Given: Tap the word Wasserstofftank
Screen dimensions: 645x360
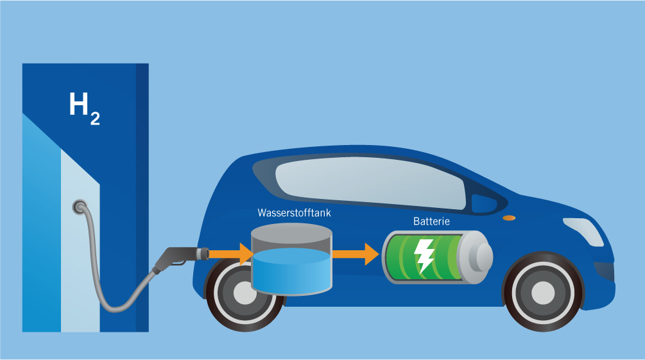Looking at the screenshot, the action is [293, 212].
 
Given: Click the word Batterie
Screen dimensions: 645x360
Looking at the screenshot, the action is [431, 221].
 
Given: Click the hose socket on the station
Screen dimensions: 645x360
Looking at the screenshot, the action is [80, 207].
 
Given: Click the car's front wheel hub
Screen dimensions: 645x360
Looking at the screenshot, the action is [543, 293].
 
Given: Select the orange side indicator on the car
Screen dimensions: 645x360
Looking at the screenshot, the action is [509, 219].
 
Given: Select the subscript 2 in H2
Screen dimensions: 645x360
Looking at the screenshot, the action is [94, 120].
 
